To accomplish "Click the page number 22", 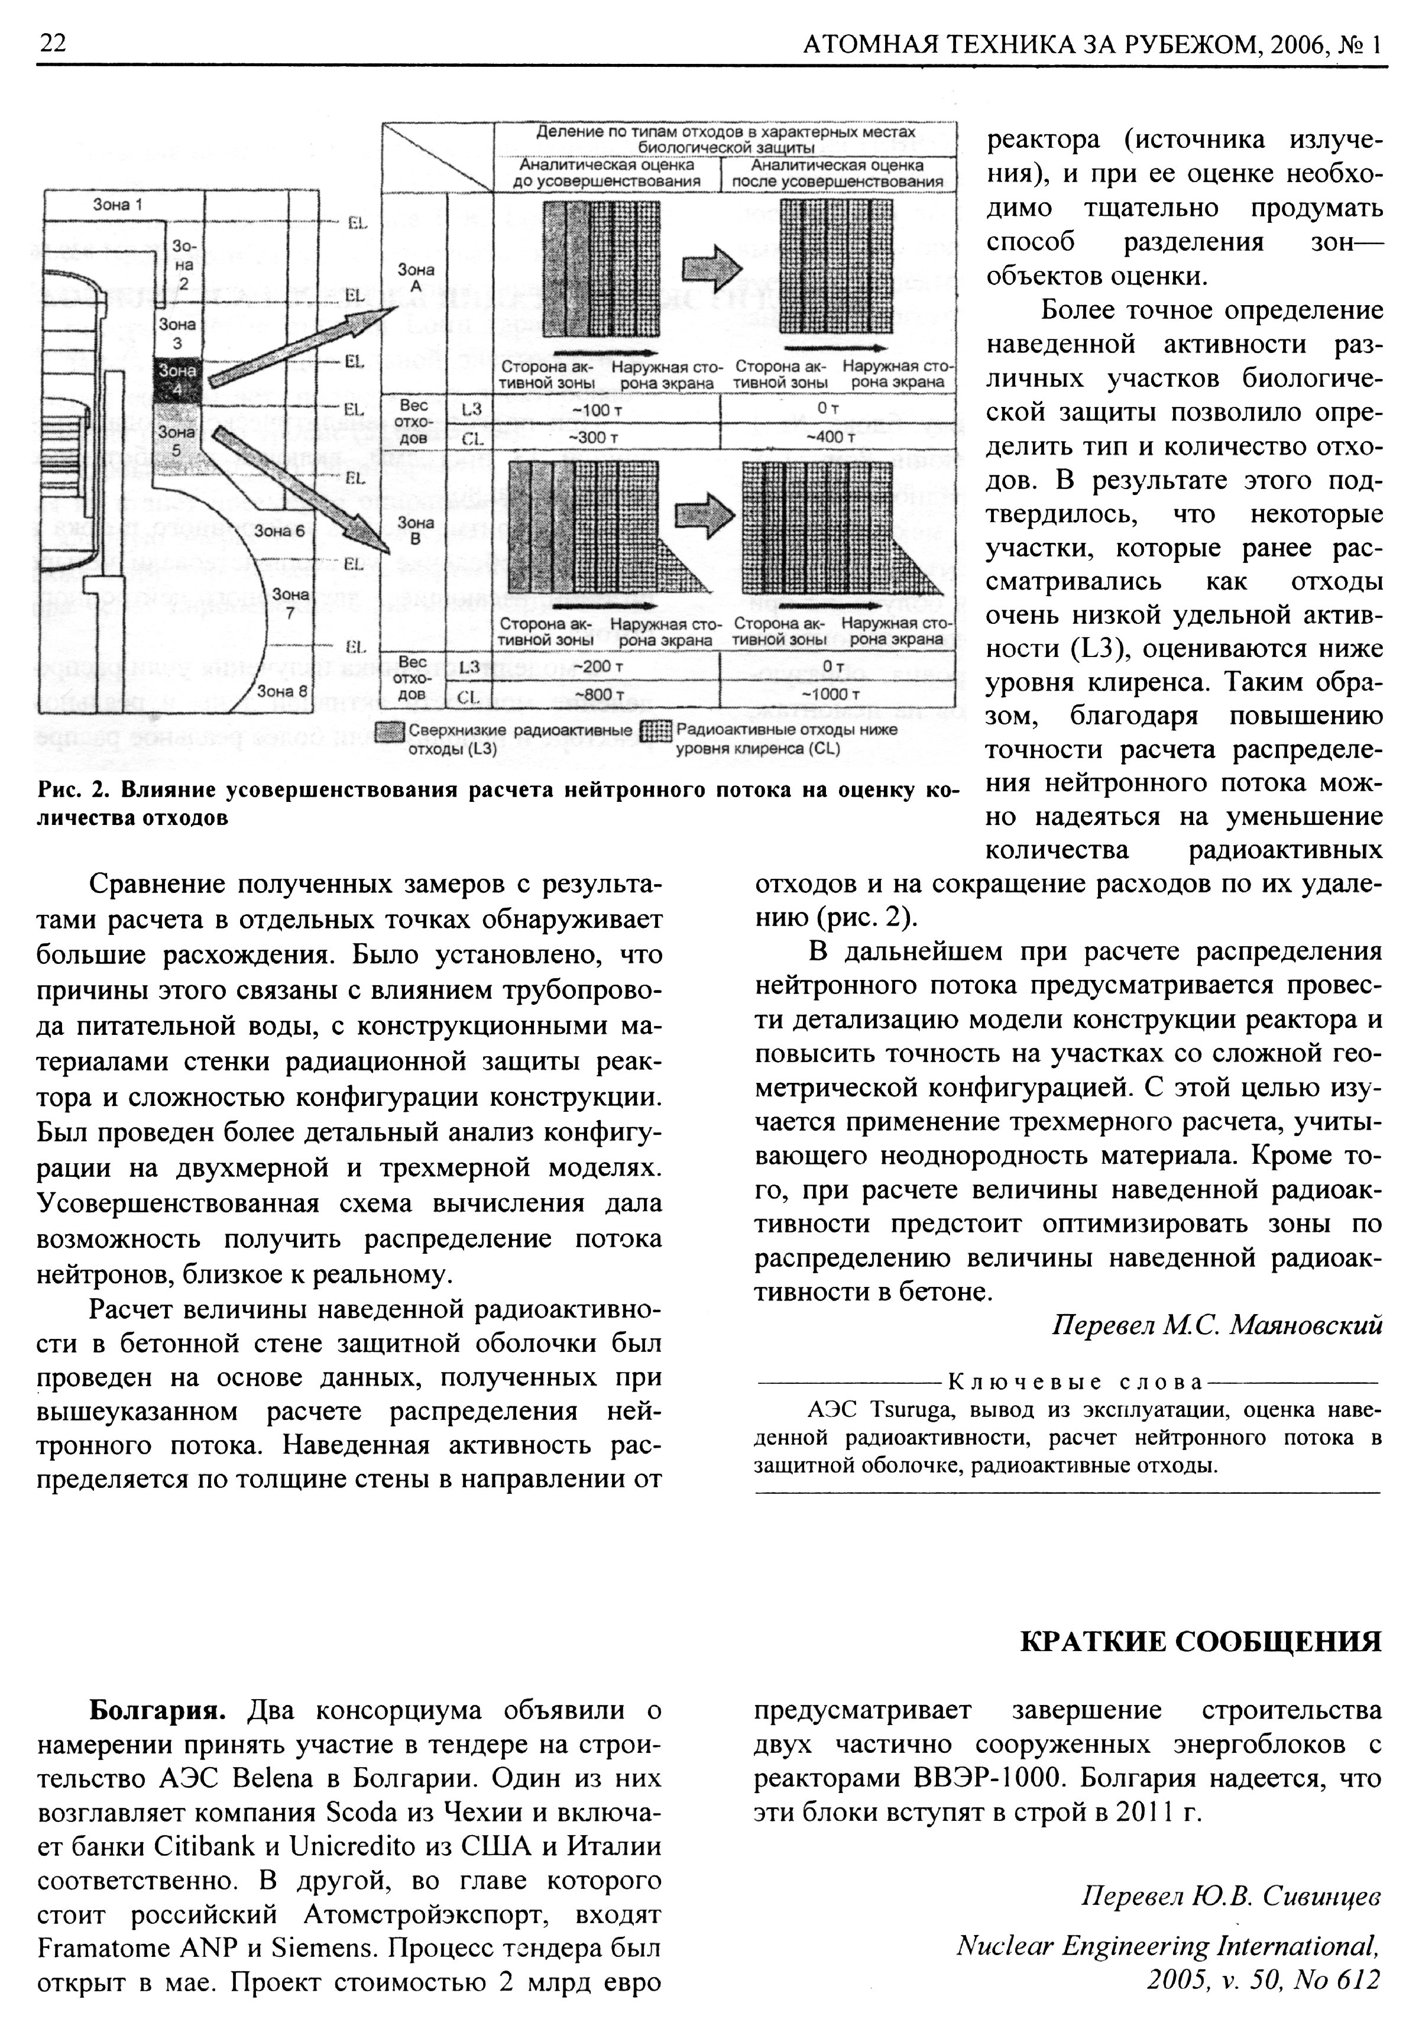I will pos(53,43).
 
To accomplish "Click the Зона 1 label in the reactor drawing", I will pos(118,205).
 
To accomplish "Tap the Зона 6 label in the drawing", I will pos(278,531).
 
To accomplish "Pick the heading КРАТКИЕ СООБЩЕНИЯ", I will pos(1200,1642).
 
